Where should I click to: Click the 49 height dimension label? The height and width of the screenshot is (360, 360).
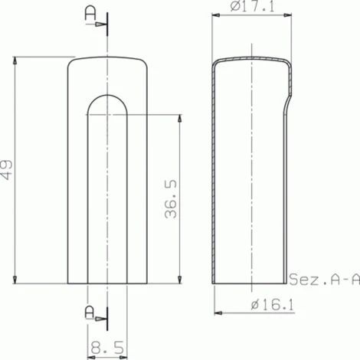point(6,170)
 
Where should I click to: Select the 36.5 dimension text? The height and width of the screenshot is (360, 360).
point(171,199)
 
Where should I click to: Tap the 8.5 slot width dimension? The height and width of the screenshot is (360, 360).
point(107,347)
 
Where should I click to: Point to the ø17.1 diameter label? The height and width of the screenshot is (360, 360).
point(253,6)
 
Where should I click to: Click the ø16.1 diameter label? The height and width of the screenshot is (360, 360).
point(273,305)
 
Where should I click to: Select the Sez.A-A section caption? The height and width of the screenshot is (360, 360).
point(325,279)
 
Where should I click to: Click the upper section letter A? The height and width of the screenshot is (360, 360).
point(90,14)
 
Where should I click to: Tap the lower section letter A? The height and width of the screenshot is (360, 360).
point(90,313)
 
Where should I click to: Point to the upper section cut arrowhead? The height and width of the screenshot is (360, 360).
point(100,25)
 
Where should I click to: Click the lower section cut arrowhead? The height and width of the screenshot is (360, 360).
point(100,319)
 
